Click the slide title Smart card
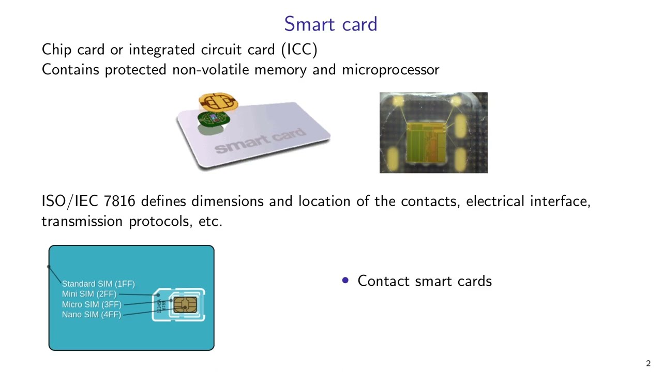point(330,24)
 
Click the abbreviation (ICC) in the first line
point(299,50)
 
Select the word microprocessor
point(390,70)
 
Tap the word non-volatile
point(214,70)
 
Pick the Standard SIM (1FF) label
point(98,284)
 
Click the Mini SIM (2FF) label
point(89,294)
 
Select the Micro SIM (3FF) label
point(92,304)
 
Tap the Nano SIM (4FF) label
point(92,315)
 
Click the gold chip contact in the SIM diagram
point(185,304)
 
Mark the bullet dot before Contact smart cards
point(345,281)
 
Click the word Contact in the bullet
point(381,281)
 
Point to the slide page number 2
point(649,364)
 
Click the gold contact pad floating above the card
point(219,101)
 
